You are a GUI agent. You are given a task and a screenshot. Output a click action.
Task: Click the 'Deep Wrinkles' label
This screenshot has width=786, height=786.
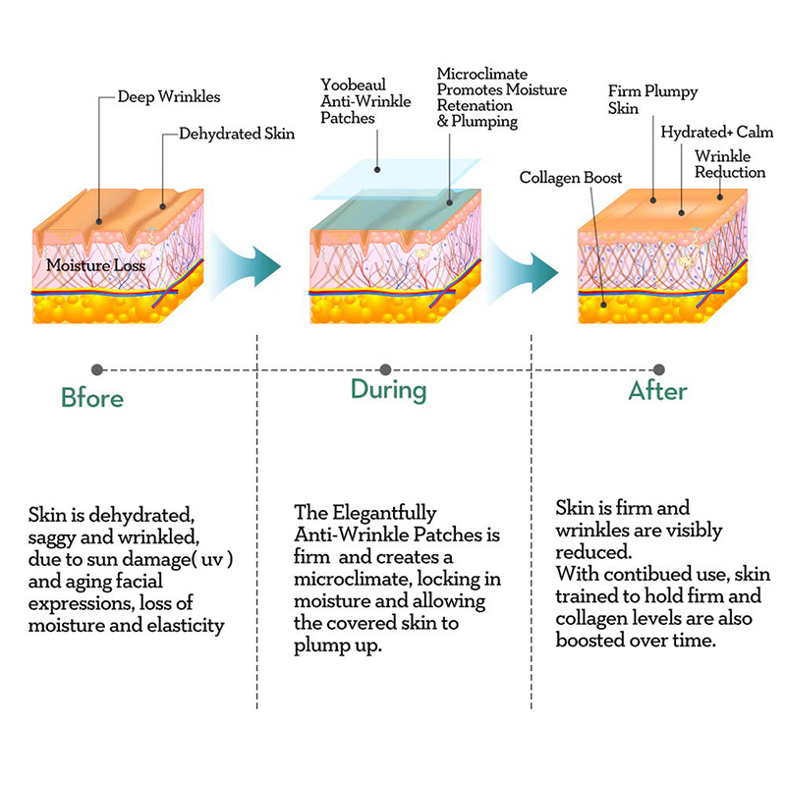tap(169, 97)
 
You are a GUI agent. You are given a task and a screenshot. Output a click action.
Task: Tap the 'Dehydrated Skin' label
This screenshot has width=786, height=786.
tap(236, 133)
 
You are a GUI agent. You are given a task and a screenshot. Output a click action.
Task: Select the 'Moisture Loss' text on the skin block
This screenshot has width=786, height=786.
tap(95, 265)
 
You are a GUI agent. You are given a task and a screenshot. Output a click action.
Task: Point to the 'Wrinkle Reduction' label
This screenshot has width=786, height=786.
tap(729, 164)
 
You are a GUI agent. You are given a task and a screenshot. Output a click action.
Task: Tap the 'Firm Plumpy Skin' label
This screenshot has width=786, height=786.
tap(652, 99)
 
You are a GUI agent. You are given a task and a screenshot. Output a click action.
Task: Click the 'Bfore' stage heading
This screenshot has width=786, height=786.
tap(92, 398)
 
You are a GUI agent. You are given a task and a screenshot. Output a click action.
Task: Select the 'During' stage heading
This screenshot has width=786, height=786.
tap(388, 390)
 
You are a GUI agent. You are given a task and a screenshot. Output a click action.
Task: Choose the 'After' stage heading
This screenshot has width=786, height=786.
tap(657, 391)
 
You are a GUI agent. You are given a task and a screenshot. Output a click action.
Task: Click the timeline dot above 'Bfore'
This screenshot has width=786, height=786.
tap(96, 369)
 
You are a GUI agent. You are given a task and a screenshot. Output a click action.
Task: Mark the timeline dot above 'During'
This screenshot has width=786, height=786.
tap(385, 369)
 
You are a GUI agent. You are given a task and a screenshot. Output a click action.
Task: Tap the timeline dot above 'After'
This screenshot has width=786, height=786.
tap(658, 369)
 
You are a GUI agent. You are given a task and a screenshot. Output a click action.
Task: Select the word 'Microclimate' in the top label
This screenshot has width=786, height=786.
tap(482, 74)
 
